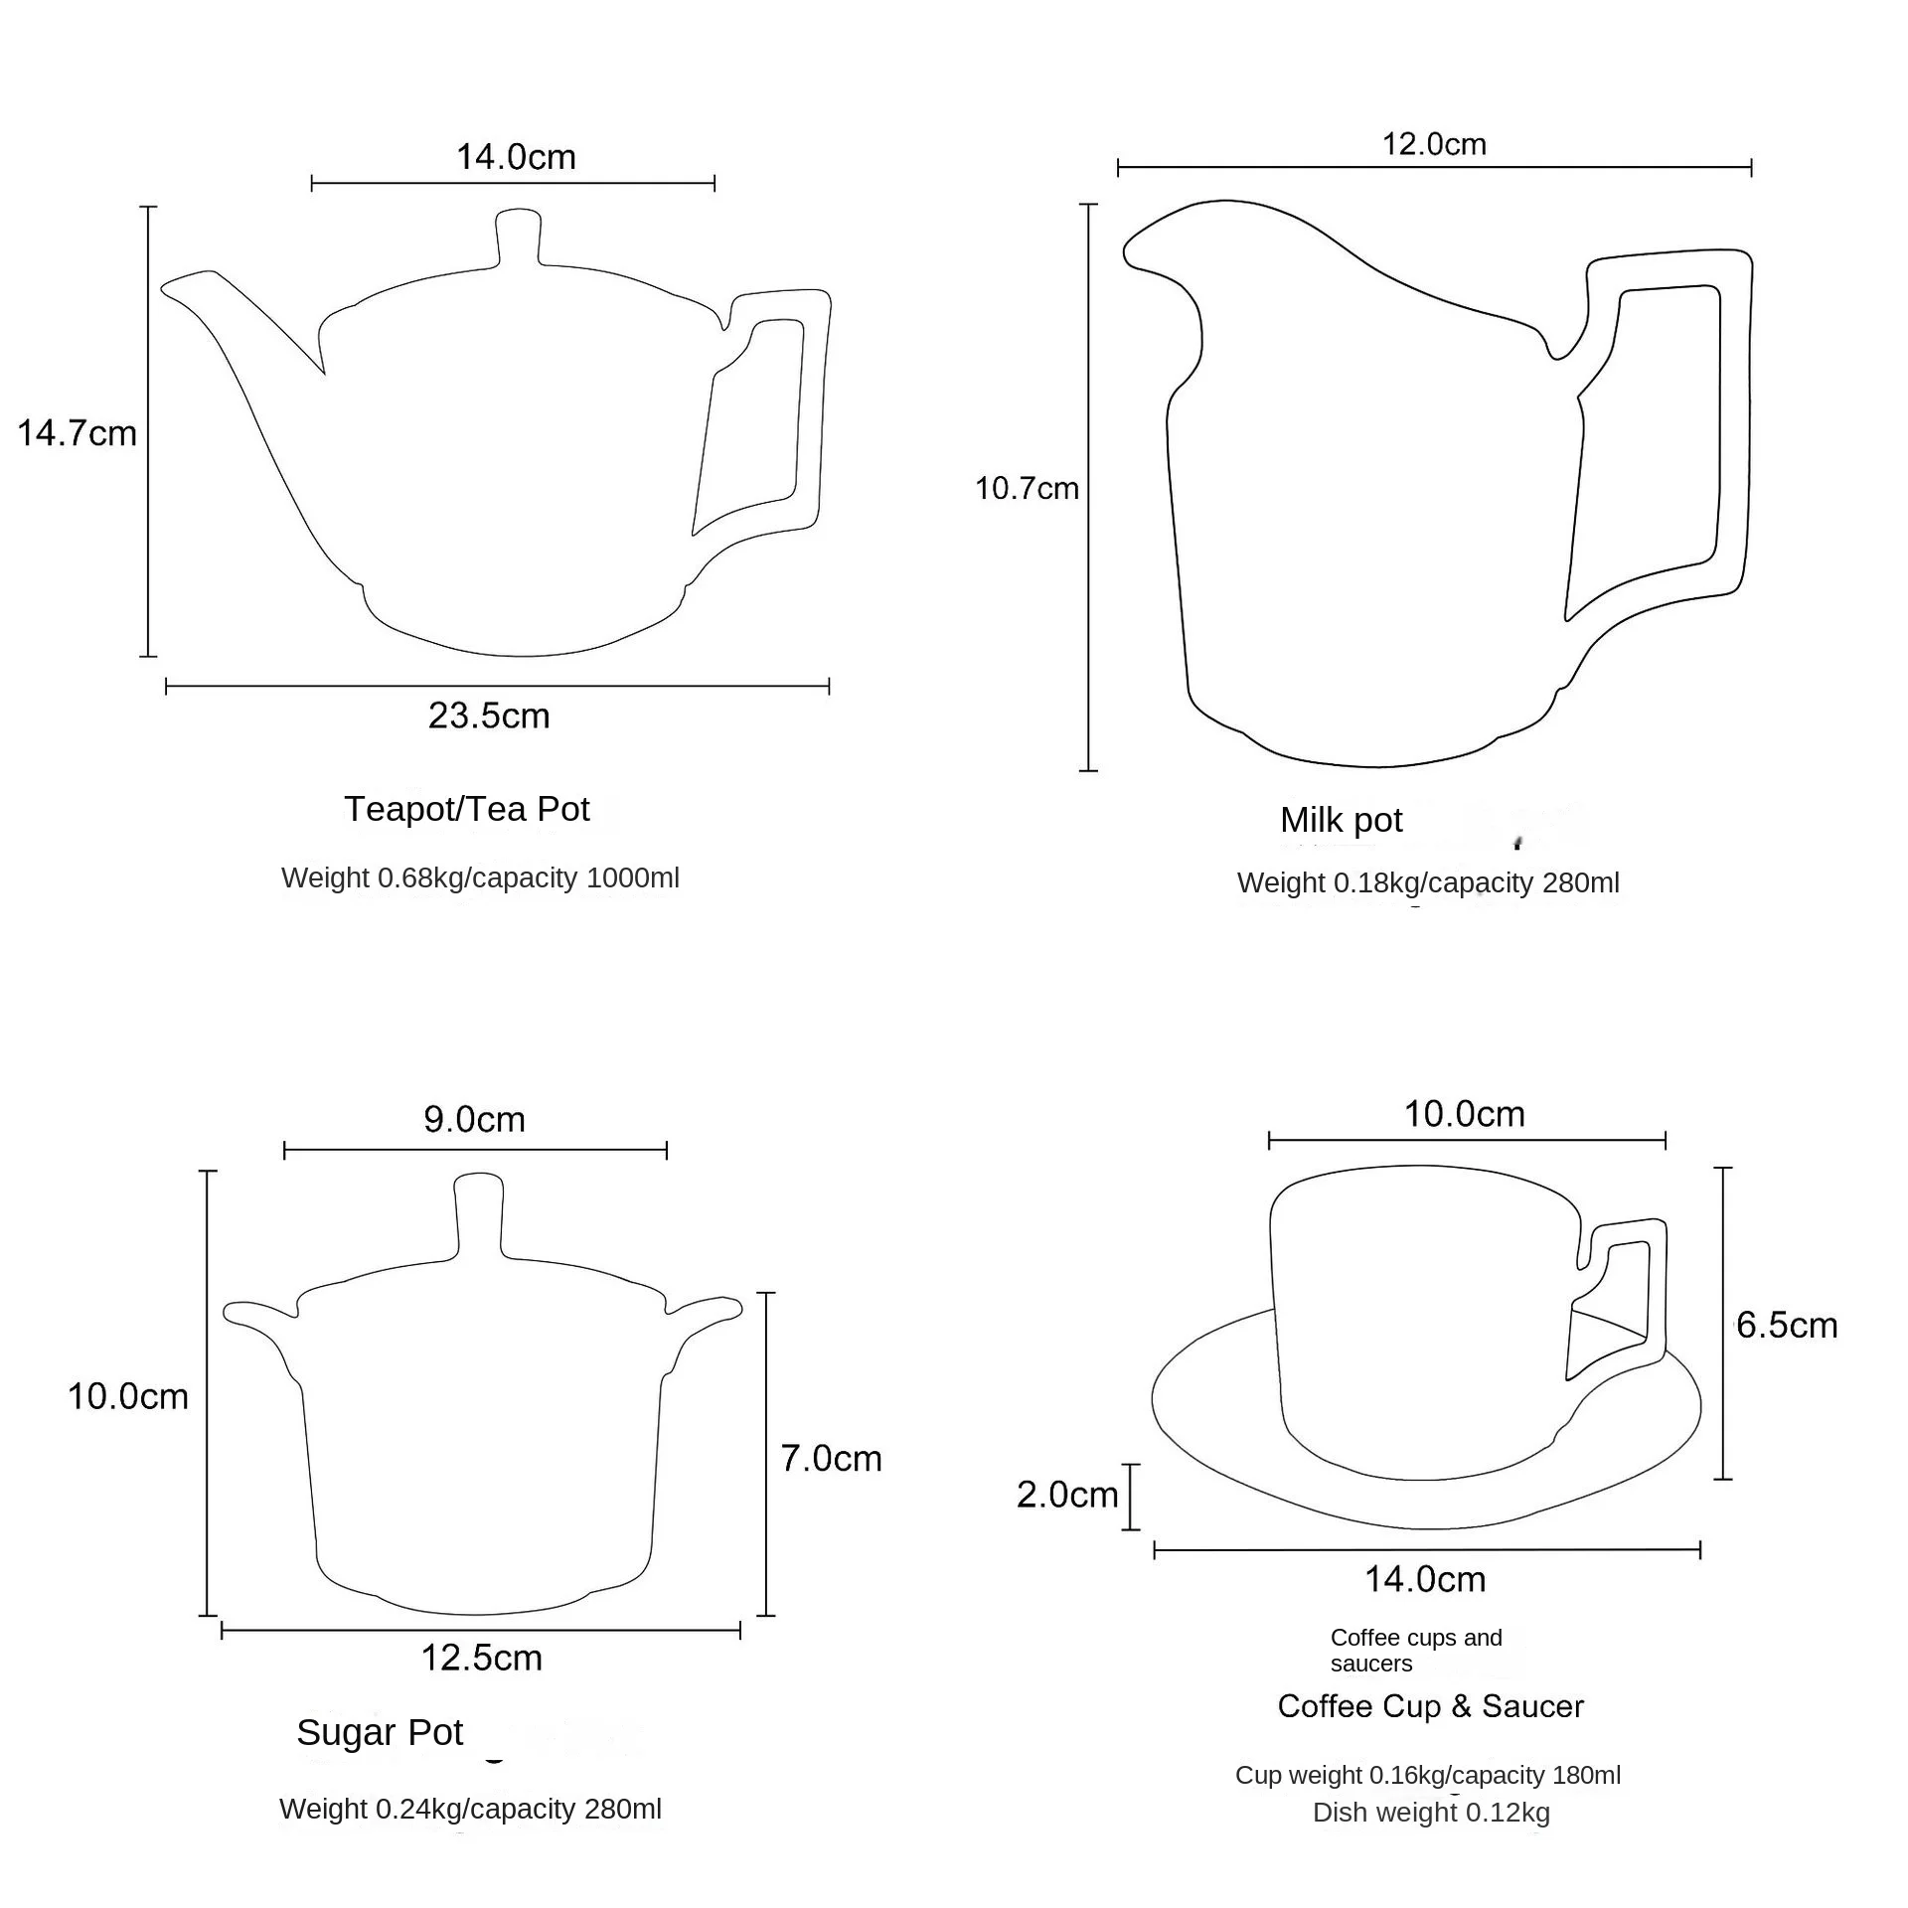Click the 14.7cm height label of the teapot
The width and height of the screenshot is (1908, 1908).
[x=77, y=433]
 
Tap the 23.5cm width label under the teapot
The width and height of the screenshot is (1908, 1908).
[x=489, y=715]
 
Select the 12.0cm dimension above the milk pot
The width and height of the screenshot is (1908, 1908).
[x=1434, y=144]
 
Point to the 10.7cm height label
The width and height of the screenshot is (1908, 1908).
[x=1027, y=488]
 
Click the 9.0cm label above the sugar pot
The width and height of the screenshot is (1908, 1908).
[x=474, y=1119]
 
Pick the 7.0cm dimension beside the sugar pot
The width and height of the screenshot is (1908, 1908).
[x=831, y=1458]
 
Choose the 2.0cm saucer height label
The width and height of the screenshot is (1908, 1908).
[x=1067, y=1494]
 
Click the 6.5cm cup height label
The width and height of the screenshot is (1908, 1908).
[x=1787, y=1325]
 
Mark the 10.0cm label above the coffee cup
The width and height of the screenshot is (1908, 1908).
[x=1464, y=1113]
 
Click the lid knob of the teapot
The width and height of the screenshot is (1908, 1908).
[x=518, y=237]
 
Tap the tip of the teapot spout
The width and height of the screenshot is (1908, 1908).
[x=166, y=288]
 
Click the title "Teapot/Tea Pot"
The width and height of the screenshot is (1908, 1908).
[x=467, y=809]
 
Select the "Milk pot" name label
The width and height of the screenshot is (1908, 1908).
[x=1341, y=820]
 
